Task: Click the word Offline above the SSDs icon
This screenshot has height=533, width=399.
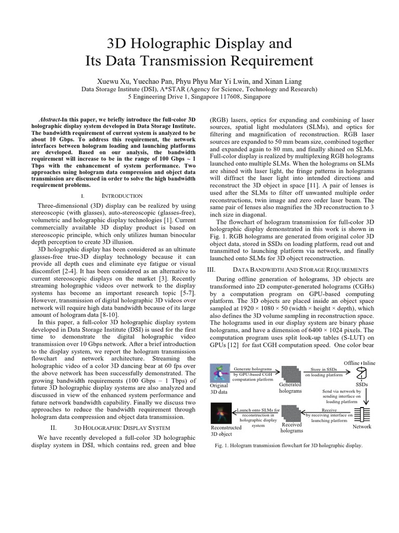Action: (352, 363)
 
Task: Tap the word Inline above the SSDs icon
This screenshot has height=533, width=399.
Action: (369, 363)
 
